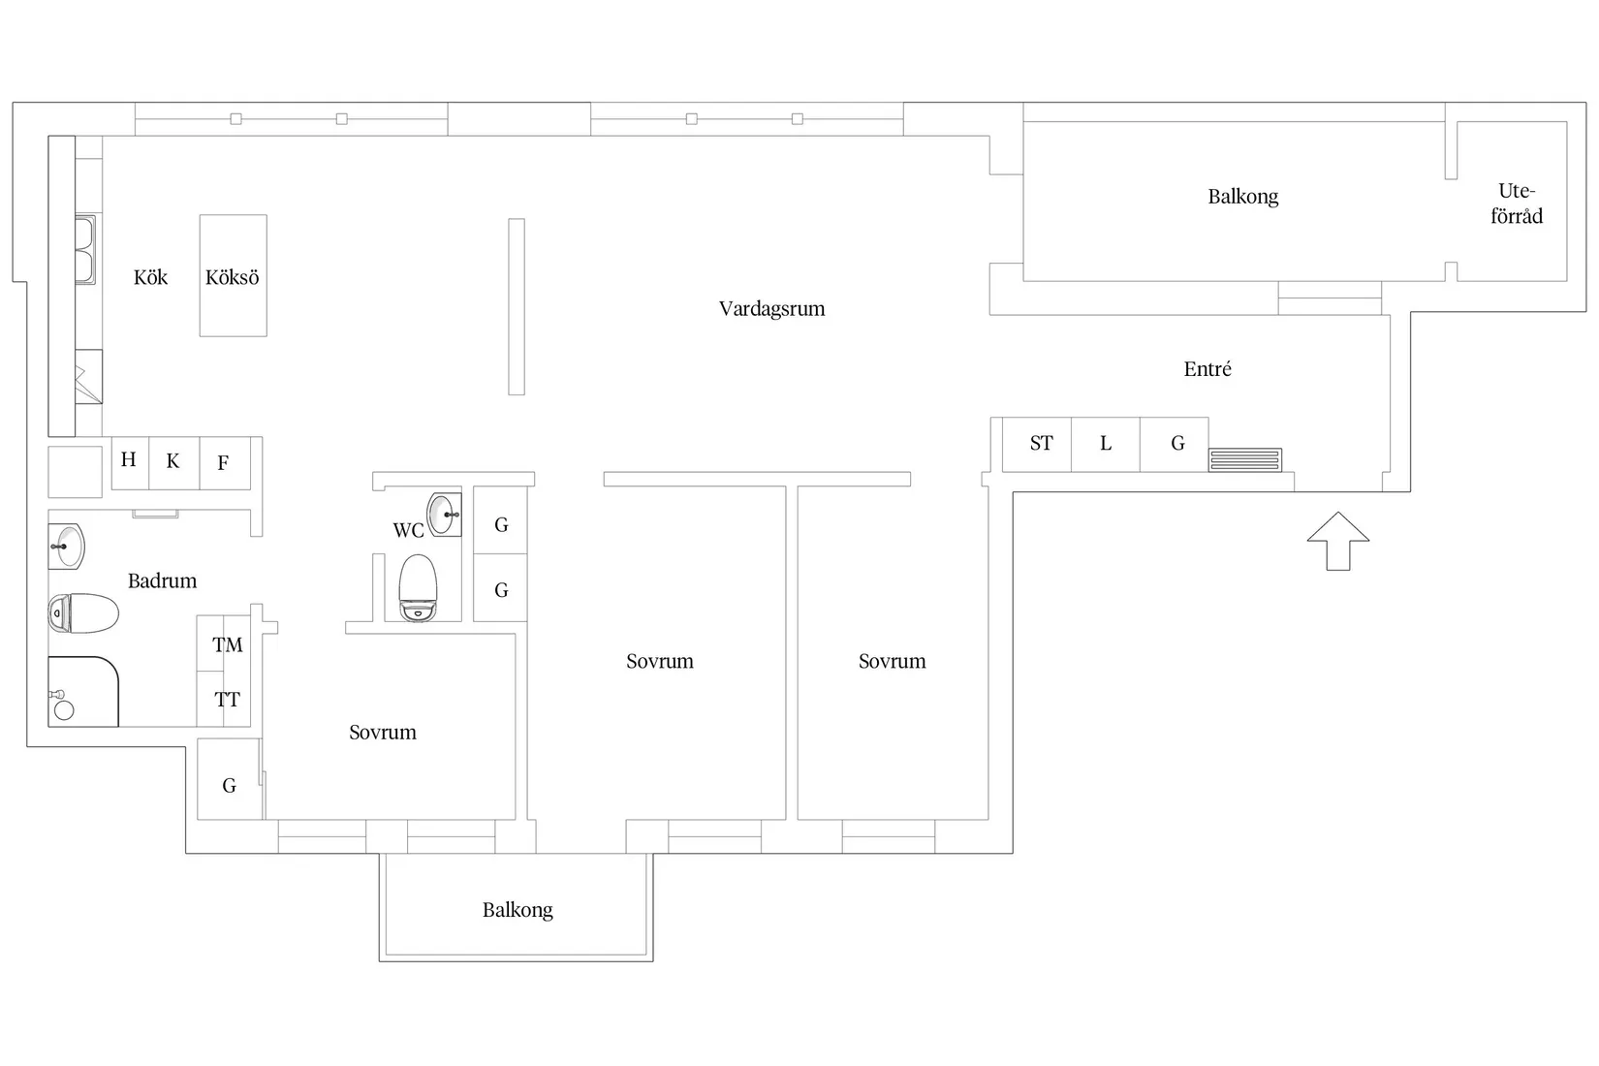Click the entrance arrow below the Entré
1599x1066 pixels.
(1337, 541)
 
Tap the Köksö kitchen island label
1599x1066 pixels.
(232, 277)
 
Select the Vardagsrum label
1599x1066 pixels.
(771, 308)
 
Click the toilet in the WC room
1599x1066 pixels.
(418, 587)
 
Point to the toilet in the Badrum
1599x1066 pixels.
(83, 612)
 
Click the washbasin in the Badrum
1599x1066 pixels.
(67, 547)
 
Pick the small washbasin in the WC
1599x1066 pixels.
(444, 514)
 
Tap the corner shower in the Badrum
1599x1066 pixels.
(82, 691)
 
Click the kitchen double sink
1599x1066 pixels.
(85, 250)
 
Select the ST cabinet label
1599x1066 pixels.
(1041, 444)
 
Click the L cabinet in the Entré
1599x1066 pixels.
(1106, 444)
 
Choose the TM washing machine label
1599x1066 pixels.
(228, 644)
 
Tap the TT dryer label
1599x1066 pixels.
(228, 700)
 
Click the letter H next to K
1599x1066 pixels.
(129, 459)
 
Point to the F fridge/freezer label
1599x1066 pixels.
(223, 463)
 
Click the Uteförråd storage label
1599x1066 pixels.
(1517, 204)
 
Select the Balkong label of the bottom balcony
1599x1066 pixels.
(517, 910)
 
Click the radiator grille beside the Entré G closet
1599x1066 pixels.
(1245, 459)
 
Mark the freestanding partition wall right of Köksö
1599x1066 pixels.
(517, 306)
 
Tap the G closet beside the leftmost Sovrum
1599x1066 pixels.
(229, 780)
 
